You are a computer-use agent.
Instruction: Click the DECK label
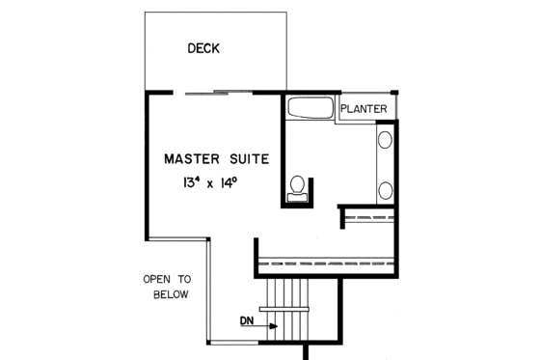[x=204, y=48]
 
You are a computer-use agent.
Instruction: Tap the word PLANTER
[x=364, y=110]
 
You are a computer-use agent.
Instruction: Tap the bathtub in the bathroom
[x=309, y=107]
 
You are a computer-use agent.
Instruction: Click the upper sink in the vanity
[x=385, y=141]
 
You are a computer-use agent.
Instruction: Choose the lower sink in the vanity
[x=385, y=187]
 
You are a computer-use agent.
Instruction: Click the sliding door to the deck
[x=217, y=92]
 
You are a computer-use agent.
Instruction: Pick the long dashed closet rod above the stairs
[x=328, y=262]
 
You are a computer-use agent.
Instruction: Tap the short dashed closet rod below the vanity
[x=370, y=217]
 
